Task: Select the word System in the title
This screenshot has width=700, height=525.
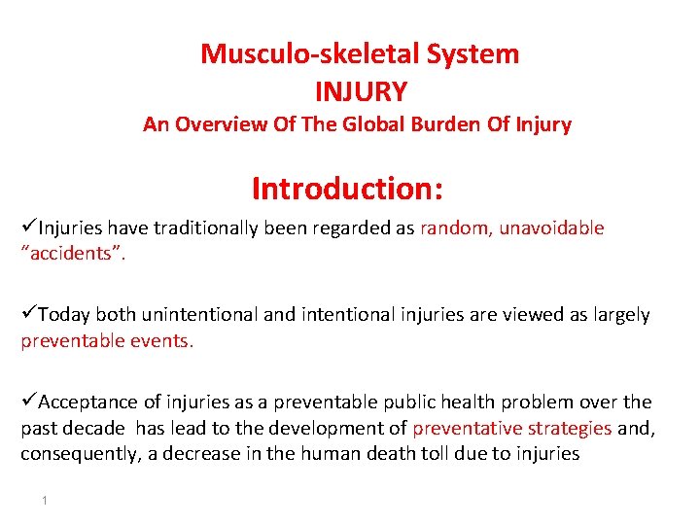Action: [x=472, y=54]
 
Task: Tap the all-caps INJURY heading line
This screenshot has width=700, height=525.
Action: [x=361, y=92]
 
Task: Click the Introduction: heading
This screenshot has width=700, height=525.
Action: [x=347, y=187]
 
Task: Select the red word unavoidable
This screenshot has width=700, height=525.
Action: [x=552, y=228]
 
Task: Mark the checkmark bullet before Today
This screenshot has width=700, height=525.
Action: [x=29, y=314]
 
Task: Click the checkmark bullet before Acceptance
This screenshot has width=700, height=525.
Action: [x=29, y=402]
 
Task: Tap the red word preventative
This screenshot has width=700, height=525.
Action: [x=463, y=429]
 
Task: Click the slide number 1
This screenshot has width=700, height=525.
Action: [x=45, y=500]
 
